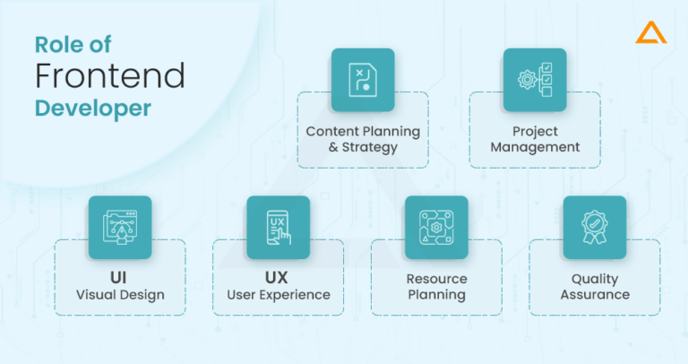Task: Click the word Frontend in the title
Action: click(x=109, y=75)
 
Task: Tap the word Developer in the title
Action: click(x=93, y=108)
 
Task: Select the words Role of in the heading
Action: click(x=73, y=43)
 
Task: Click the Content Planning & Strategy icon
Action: click(x=363, y=80)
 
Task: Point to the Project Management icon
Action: click(x=535, y=80)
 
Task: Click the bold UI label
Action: click(x=120, y=277)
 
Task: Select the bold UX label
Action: click(x=278, y=277)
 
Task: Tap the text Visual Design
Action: click(x=120, y=295)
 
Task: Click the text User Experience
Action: click(x=278, y=295)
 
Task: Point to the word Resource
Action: click(x=436, y=278)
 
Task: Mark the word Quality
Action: click(x=594, y=278)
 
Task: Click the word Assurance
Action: click(x=594, y=295)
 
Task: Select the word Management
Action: click(x=535, y=147)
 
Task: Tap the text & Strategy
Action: click(x=363, y=147)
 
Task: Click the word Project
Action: click(x=535, y=131)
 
